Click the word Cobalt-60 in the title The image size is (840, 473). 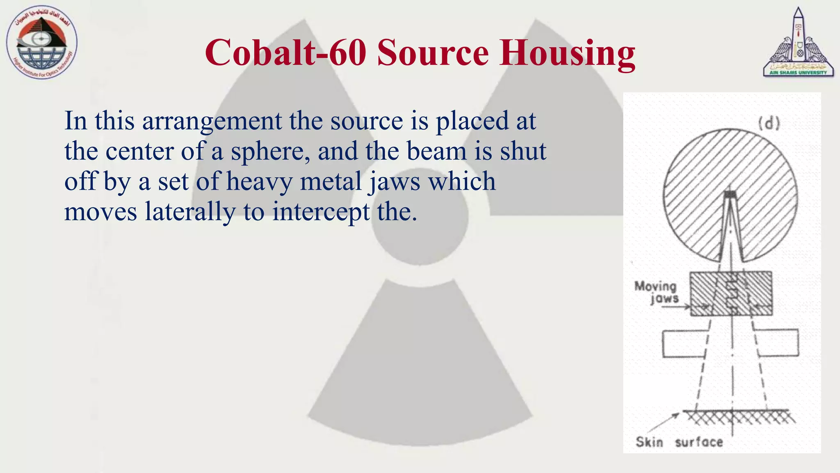point(285,53)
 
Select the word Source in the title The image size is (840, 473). point(433,53)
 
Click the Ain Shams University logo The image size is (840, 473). point(798,43)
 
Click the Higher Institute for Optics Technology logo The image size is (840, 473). point(42,43)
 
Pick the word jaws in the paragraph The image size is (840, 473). point(394,181)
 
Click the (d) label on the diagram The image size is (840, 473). point(769,123)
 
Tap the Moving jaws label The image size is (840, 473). point(656,292)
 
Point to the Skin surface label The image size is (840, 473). point(679,442)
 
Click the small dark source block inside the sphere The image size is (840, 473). point(729,194)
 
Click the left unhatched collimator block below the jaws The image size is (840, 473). point(682,343)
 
